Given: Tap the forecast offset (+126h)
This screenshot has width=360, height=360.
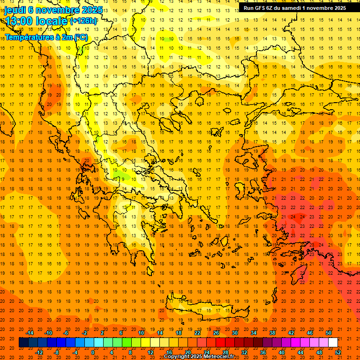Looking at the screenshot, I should [84, 21].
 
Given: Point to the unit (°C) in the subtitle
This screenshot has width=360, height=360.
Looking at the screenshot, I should [80, 37].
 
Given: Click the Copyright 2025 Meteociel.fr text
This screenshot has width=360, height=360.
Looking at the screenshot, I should [199, 357].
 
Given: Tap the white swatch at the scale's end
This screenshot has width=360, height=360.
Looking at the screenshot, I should [333, 343].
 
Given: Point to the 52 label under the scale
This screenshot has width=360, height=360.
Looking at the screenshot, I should [338, 352].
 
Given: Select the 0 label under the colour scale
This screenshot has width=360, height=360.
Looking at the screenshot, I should [93, 352].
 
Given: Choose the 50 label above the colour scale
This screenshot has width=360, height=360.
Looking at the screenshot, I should [329, 333].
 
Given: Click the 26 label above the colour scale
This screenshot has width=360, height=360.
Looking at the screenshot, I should [216, 333].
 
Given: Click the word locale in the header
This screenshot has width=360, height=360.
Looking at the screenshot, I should [52, 21].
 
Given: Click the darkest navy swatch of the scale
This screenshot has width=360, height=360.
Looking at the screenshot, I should [23, 343].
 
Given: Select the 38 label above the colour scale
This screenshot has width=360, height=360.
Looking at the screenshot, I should [272, 333].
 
